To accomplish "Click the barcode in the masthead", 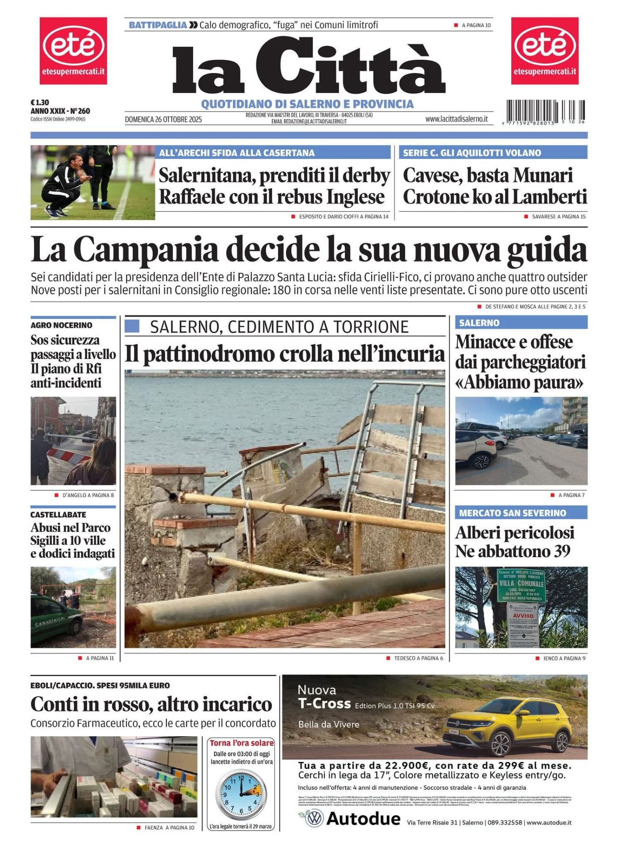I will (x=545, y=111).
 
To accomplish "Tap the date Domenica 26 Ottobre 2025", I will (x=163, y=119).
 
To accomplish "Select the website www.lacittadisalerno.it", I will (x=456, y=119).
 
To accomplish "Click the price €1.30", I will (x=40, y=103).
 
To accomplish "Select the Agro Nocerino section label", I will (x=61, y=325).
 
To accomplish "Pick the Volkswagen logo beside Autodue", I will (x=315, y=819).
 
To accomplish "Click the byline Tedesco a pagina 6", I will (x=418, y=658).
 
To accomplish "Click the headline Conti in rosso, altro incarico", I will (x=151, y=704).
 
